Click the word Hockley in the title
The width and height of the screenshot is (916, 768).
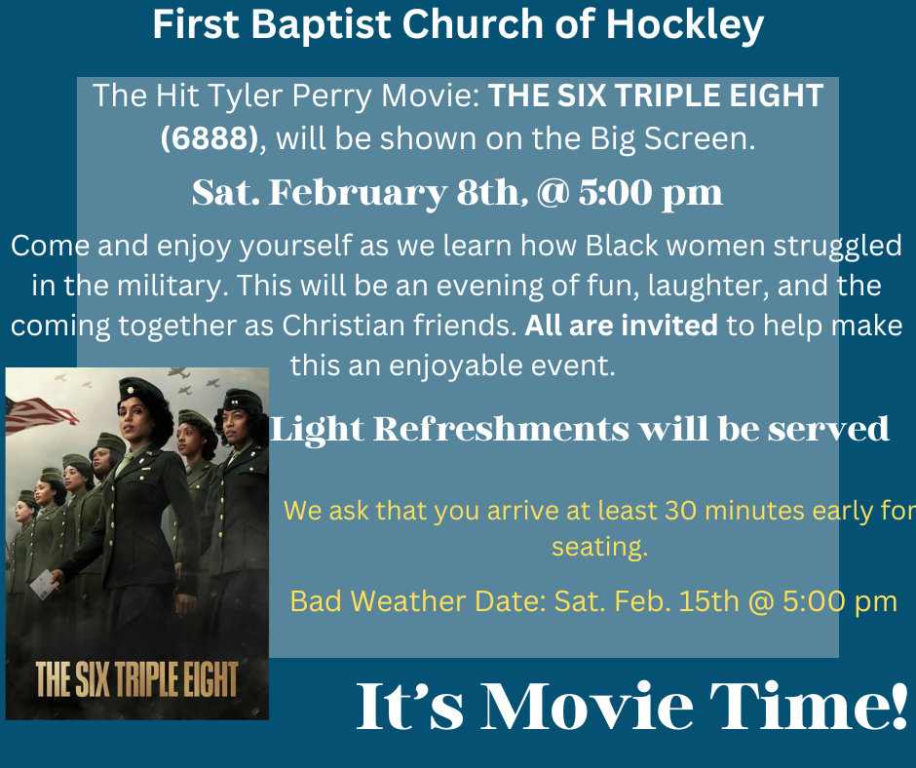(685, 25)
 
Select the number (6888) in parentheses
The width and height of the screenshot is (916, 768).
(210, 138)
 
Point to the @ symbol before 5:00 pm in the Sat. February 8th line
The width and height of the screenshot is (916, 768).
(553, 193)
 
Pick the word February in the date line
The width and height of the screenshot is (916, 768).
(358, 193)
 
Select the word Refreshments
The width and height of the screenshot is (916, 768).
(501, 429)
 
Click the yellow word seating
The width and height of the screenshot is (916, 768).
(599, 548)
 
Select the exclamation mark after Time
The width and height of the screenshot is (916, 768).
(899, 705)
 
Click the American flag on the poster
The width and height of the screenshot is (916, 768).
(40, 414)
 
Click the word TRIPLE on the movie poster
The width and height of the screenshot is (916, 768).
(145, 679)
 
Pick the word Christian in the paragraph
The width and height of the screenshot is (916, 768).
(343, 326)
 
